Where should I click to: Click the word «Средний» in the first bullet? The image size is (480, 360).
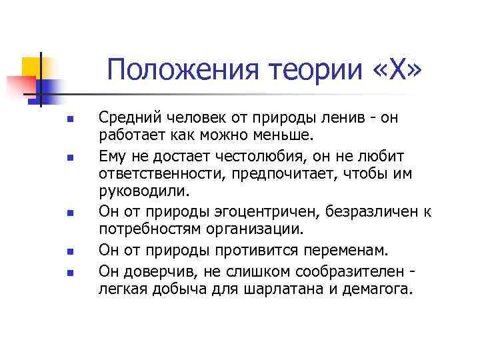click(128, 118)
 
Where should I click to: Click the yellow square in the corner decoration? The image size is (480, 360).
click(31, 67)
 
